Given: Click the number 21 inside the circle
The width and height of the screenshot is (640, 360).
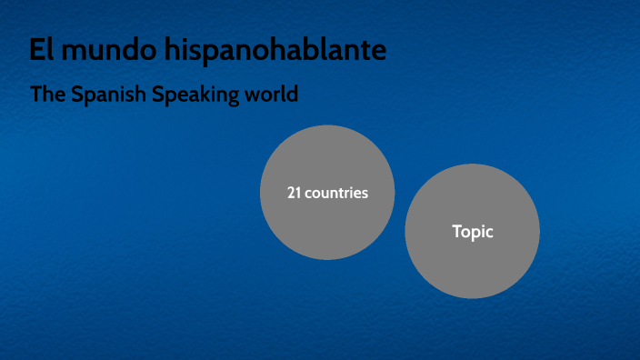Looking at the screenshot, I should tap(294, 193).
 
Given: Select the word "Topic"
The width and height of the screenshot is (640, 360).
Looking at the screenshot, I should tap(473, 232).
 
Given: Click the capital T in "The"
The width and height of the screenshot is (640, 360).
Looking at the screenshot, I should tap(36, 95).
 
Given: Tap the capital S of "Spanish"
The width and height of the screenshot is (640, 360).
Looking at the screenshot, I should tap(81, 95).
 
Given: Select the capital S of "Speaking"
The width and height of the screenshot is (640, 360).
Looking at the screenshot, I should tap(158, 95).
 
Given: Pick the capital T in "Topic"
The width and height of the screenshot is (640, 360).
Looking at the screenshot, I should tap(457, 232).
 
